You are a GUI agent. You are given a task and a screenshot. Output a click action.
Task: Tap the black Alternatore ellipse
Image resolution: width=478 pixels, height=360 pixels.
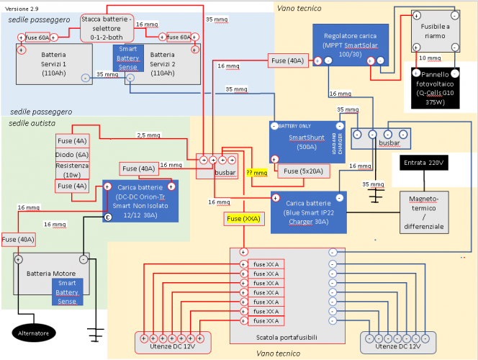coord(34,333)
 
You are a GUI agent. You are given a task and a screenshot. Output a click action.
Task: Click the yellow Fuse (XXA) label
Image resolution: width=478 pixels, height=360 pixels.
coord(243,218)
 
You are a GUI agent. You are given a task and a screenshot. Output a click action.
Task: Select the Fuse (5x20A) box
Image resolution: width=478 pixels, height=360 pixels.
coord(305,171)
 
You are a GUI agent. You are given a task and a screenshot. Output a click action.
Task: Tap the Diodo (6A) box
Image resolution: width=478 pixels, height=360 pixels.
coord(72,154)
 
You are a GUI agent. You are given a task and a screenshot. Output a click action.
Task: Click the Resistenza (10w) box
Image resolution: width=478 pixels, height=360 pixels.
coord(72,170)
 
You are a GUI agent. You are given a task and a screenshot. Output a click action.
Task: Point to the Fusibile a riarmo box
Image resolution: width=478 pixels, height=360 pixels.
coord(434,30)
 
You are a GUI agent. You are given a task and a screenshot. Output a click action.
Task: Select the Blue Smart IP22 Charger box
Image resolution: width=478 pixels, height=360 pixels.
coord(308,212)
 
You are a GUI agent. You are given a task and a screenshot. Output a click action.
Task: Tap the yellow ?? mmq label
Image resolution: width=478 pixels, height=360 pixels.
coord(256,173)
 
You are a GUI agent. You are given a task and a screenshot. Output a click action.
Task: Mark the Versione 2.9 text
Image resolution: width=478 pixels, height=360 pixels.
coord(22,8)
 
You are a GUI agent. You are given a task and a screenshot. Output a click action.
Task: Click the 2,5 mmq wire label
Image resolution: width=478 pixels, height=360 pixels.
coord(148,135)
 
